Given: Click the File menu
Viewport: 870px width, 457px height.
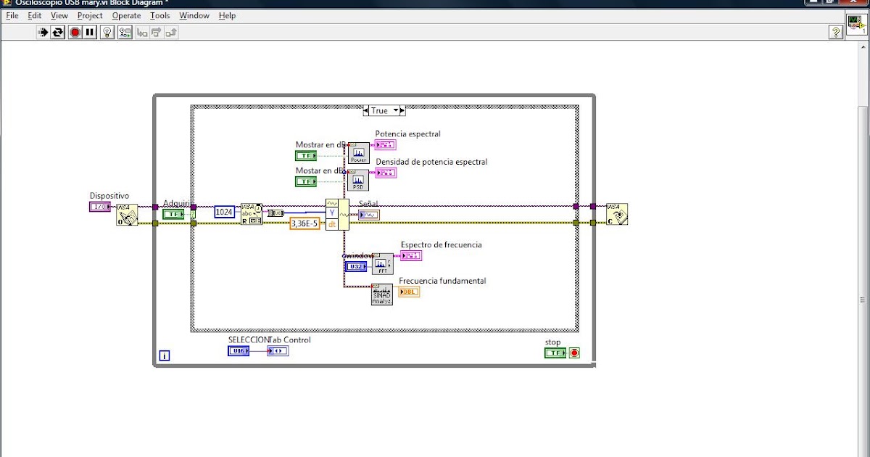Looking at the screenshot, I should [12, 15].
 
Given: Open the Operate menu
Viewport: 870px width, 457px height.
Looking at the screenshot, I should [126, 15].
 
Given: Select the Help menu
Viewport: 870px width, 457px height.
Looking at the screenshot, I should [227, 15].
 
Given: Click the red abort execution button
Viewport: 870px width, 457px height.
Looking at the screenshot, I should [75, 32].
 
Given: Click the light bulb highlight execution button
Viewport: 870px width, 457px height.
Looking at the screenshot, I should [107, 32].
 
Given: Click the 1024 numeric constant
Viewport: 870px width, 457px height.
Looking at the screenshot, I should [225, 213].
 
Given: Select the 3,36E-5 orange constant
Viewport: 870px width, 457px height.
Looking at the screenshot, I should [304, 224].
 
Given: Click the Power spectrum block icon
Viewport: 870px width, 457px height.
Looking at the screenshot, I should [358, 153].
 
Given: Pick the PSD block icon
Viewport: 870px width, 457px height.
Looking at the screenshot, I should [358, 180].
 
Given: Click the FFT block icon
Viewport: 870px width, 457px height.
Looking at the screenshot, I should [382, 264].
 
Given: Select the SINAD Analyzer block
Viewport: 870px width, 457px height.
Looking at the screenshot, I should [382, 294].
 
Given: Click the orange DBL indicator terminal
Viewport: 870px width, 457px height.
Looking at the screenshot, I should [409, 292].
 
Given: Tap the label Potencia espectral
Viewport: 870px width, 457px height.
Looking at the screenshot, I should [407, 134].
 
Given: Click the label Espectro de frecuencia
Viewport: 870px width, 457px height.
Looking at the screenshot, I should [441, 245].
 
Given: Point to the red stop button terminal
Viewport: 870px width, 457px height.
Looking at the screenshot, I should [574, 353].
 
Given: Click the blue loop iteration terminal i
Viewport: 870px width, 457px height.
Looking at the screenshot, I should [165, 355].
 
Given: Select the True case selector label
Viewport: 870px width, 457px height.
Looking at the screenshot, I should [379, 111].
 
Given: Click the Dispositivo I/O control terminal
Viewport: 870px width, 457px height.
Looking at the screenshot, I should [99, 207].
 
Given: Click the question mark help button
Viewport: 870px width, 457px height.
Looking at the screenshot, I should [835, 32].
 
